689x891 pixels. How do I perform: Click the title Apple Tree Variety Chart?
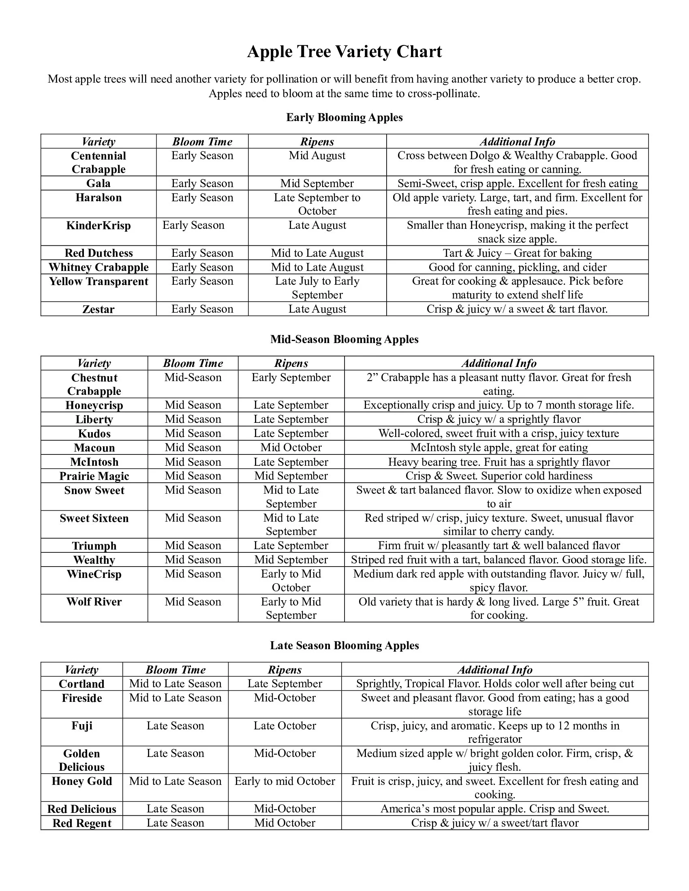coord(344,52)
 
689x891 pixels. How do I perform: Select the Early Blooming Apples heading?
coord(344,117)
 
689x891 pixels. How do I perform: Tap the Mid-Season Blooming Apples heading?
coord(344,339)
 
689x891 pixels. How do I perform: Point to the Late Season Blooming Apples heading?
coord(344,646)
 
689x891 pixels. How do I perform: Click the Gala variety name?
coord(98,183)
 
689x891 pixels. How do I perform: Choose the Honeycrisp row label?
coord(94,405)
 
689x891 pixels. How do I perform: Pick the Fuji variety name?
coord(81,726)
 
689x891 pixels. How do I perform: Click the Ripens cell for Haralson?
coord(317,204)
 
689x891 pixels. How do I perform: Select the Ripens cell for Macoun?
coord(291,448)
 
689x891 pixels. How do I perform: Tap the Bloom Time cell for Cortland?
coord(175,684)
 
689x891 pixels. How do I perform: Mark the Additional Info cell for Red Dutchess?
coord(517,253)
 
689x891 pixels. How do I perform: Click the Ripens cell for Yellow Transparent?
coord(317,288)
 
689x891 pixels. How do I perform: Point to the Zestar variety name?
coord(98,309)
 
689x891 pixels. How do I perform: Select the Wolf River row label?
coord(94,602)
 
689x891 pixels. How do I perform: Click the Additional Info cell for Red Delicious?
coord(495,809)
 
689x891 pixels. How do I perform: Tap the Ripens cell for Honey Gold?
coord(285,781)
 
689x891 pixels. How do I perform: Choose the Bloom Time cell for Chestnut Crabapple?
coord(193,377)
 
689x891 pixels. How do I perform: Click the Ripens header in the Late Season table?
coord(285,670)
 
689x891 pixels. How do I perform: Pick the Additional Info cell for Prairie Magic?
coord(499,476)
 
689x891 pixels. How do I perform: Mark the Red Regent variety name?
coord(81,823)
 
